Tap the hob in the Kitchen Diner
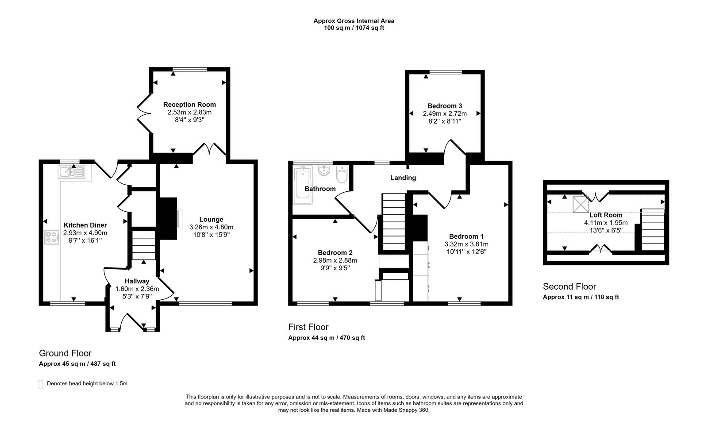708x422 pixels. pyautogui.click(x=52, y=237)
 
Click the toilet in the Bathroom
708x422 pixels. pyautogui.click(x=342, y=174)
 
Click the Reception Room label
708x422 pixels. pyautogui.click(x=189, y=105)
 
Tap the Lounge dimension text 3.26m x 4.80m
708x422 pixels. pyautogui.click(x=211, y=227)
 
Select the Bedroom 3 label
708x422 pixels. pyautogui.click(x=445, y=106)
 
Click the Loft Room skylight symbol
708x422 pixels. pyautogui.click(x=580, y=204)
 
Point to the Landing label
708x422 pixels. pyautogui.click(x=403, y=178)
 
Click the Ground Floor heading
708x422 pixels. pyautogui.click(x=65, y=353)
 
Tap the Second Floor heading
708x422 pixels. pyautogui.click(x=569, y=286)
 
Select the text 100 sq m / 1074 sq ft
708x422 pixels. pyautogui.click(x=354, y=28)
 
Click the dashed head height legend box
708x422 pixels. pyautogui.click(x=41, y=384)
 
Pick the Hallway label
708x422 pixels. pyautogui.click(x=137, y=281)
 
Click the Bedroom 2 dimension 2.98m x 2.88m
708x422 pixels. pyautogui.click(x=335, y=260)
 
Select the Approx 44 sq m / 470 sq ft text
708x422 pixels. pyautogui.click(x=326, y=338)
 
